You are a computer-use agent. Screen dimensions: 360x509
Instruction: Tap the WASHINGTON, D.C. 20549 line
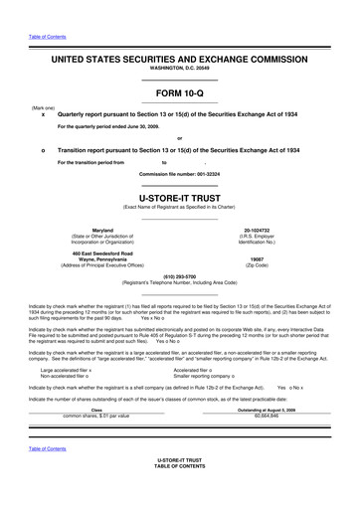179,70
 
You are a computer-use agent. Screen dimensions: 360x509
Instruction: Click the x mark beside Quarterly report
43,115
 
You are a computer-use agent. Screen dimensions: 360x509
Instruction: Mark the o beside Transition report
43,148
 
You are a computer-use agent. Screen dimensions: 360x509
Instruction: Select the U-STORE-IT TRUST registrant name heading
179,198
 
